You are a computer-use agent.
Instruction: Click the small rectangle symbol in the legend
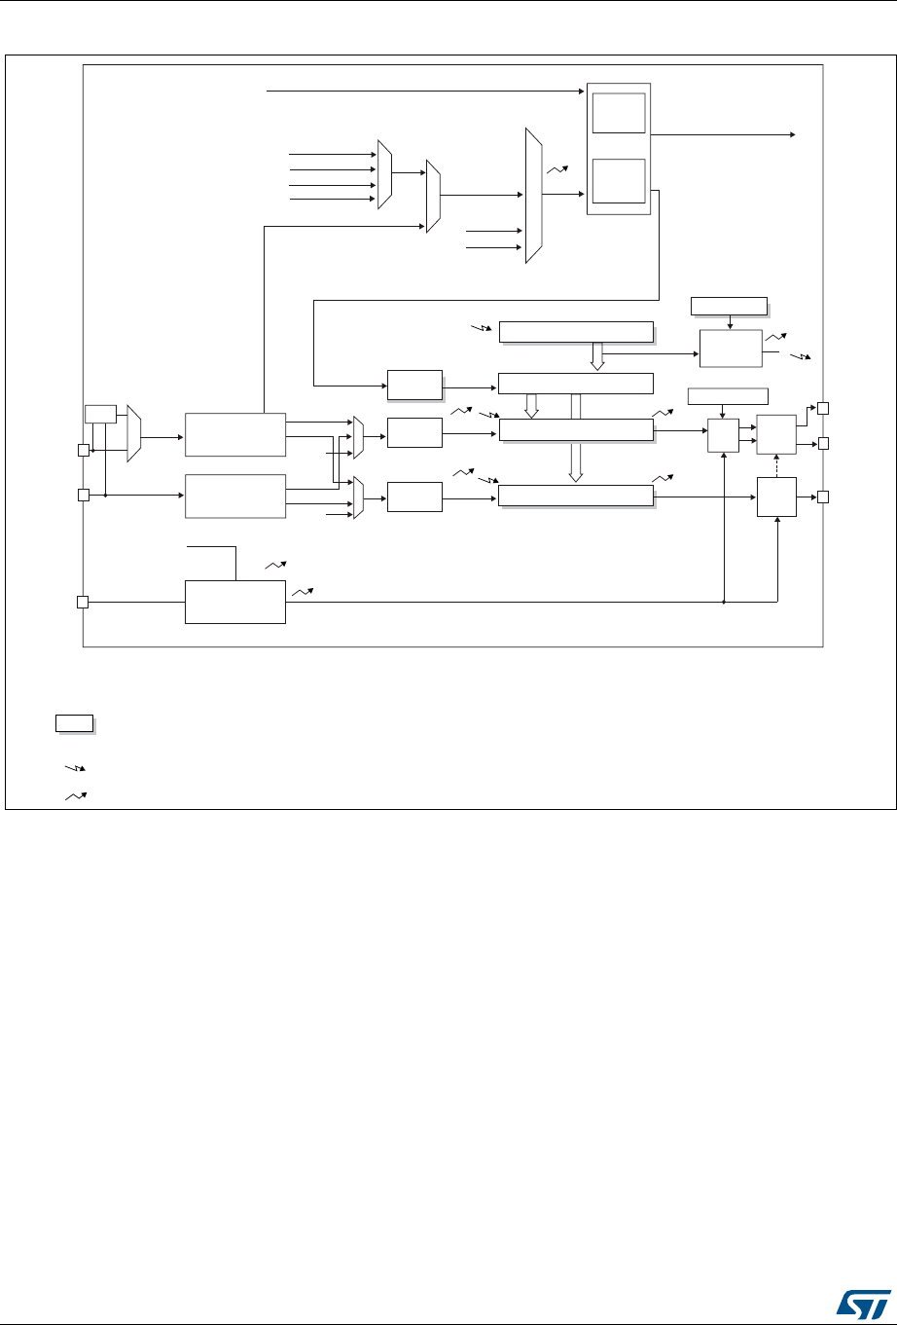[73, 722]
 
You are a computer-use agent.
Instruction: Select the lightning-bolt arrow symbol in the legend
[73, 769]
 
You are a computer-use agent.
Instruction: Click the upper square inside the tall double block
[619, 113]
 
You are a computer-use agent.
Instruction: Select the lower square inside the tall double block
[619, 182]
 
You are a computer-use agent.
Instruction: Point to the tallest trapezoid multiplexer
[533, 195]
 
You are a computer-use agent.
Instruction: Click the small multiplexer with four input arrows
[385, 173]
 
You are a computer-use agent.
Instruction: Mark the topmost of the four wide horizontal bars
[576, 332]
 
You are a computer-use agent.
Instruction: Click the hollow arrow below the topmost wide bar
[597, 356]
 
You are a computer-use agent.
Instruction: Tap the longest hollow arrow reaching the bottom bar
[575, 436]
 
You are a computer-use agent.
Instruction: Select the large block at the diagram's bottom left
[234, 603]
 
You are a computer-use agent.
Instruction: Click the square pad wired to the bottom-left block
[83, 603]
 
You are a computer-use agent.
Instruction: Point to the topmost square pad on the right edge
[822, 407]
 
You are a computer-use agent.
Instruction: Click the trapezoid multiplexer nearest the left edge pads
[134, 434]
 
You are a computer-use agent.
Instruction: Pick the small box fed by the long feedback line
[413, 385]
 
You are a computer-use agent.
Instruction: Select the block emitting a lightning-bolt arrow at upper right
[730, 348]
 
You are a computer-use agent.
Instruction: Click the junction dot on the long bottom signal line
[725, 603]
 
